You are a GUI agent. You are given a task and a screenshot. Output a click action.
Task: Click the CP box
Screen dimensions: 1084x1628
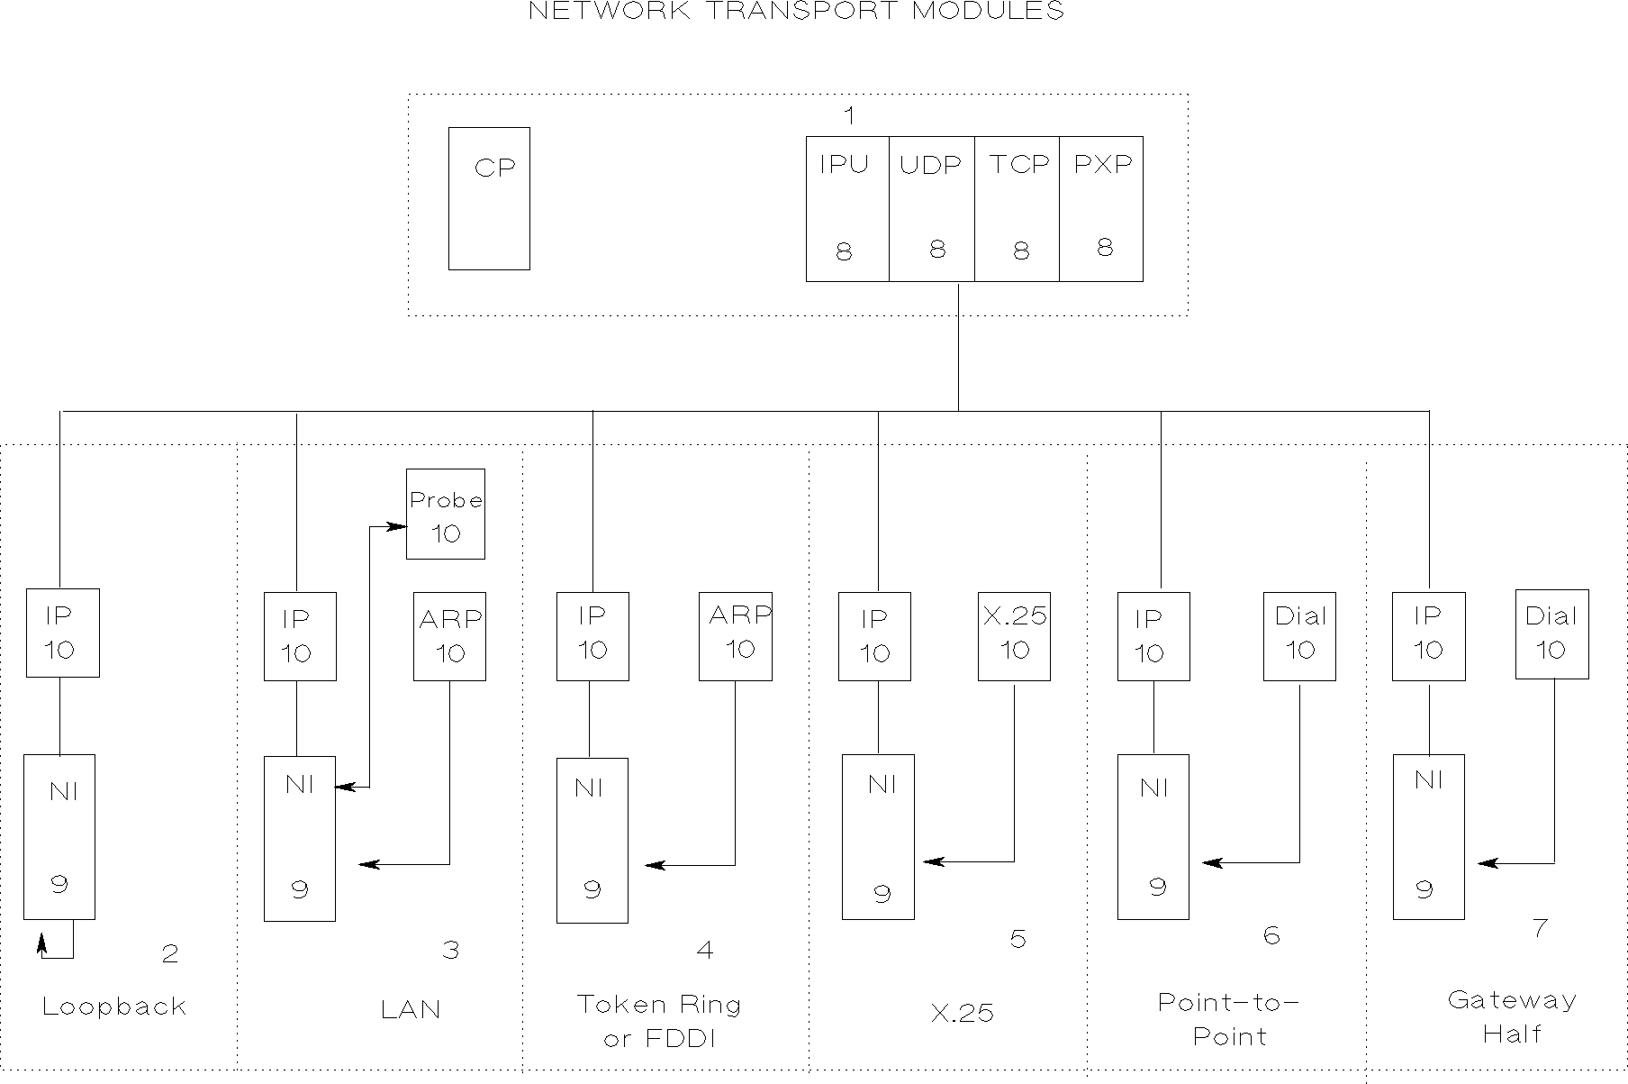pos(489,198)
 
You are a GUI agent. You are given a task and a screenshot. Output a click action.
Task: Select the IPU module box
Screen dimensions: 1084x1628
pos(847,209)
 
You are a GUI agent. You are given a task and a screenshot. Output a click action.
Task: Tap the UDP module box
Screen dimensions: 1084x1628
pos(932,209)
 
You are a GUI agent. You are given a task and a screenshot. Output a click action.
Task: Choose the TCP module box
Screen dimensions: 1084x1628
pos(1017,209)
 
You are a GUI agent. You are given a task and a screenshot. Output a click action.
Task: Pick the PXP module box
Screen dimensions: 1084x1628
pos(1101,209)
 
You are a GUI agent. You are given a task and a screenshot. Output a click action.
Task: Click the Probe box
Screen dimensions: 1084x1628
pos(446,514)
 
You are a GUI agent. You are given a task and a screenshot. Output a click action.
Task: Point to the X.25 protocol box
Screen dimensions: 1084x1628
pos(1014,636)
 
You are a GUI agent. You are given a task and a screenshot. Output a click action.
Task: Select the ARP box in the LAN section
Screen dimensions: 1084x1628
pos(449,636)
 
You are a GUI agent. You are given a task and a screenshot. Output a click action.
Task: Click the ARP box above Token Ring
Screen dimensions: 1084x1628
pos(736,635)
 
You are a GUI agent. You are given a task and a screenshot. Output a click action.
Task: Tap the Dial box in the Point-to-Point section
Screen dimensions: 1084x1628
pos(1299,635)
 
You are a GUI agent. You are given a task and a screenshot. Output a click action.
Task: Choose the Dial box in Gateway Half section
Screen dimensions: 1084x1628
pos(1551,634)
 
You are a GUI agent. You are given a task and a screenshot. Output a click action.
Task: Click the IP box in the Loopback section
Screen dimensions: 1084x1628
pos(62,633)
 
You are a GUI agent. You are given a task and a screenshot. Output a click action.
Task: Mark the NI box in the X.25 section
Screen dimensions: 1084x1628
pos(878,837)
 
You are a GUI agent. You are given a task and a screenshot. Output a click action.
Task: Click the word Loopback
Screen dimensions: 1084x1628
pos(114,1007)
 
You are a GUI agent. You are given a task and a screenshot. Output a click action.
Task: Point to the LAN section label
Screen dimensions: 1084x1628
pos(412,1009)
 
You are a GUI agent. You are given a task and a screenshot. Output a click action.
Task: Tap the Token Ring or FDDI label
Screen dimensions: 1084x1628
pos(659,1021)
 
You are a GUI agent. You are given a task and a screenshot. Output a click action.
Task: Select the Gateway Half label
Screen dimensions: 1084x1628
pos(1513,1016)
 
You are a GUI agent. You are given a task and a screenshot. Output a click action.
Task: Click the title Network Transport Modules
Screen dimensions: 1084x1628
pos(796,12)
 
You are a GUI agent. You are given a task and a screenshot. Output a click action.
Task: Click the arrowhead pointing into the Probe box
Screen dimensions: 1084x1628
pos(397,526)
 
